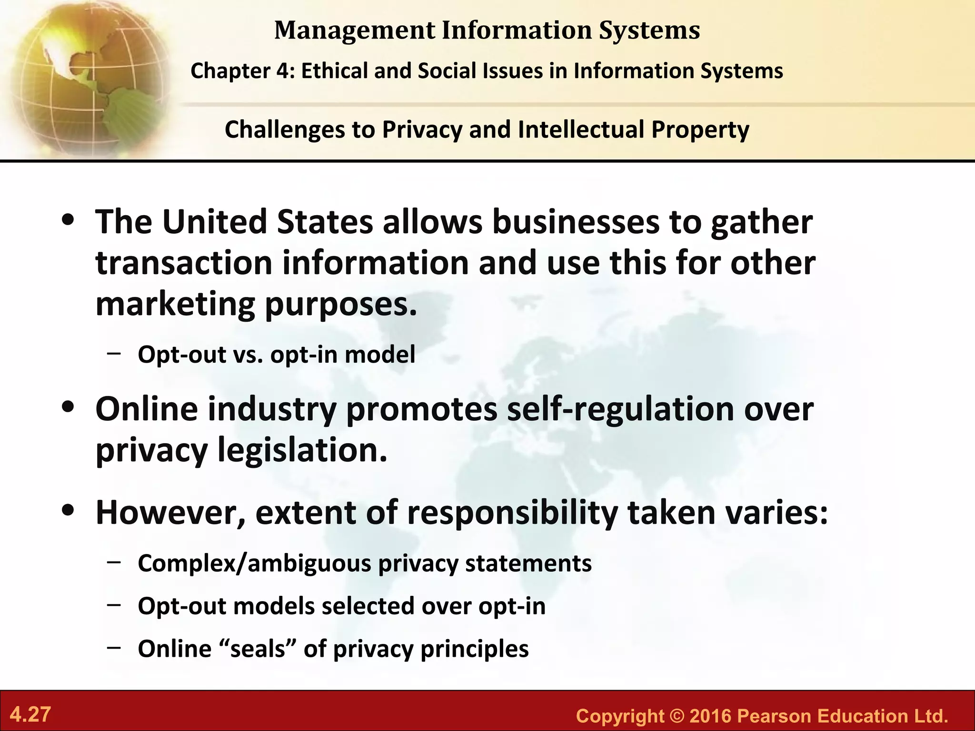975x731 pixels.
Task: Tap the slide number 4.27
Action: pyautogui.click(x=30, y=715)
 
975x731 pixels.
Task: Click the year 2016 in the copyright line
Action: pyautogui.click(x=710, y=716)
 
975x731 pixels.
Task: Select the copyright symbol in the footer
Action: pyautogui.click(x=677, y=716)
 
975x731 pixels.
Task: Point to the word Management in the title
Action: pyautogui.click(x=354, y=30)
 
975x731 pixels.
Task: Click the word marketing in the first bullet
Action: pyautogui.click(x=175, y=305)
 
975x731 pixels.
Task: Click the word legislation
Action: pyautogui.click(x=302, y=450)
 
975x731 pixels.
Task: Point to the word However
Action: pyautogui.click(x=170, y=513)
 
